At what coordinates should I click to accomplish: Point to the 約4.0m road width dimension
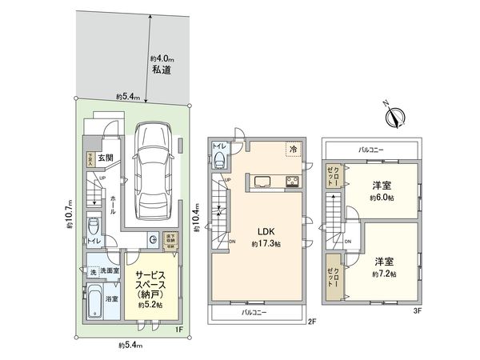pos(162,58)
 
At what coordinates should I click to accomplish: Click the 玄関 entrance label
pos(106,158)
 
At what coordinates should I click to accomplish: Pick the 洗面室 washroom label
pos(110,272)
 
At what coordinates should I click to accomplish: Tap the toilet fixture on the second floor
pos(222,160)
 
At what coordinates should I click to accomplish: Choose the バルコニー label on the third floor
pos(372,150)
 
